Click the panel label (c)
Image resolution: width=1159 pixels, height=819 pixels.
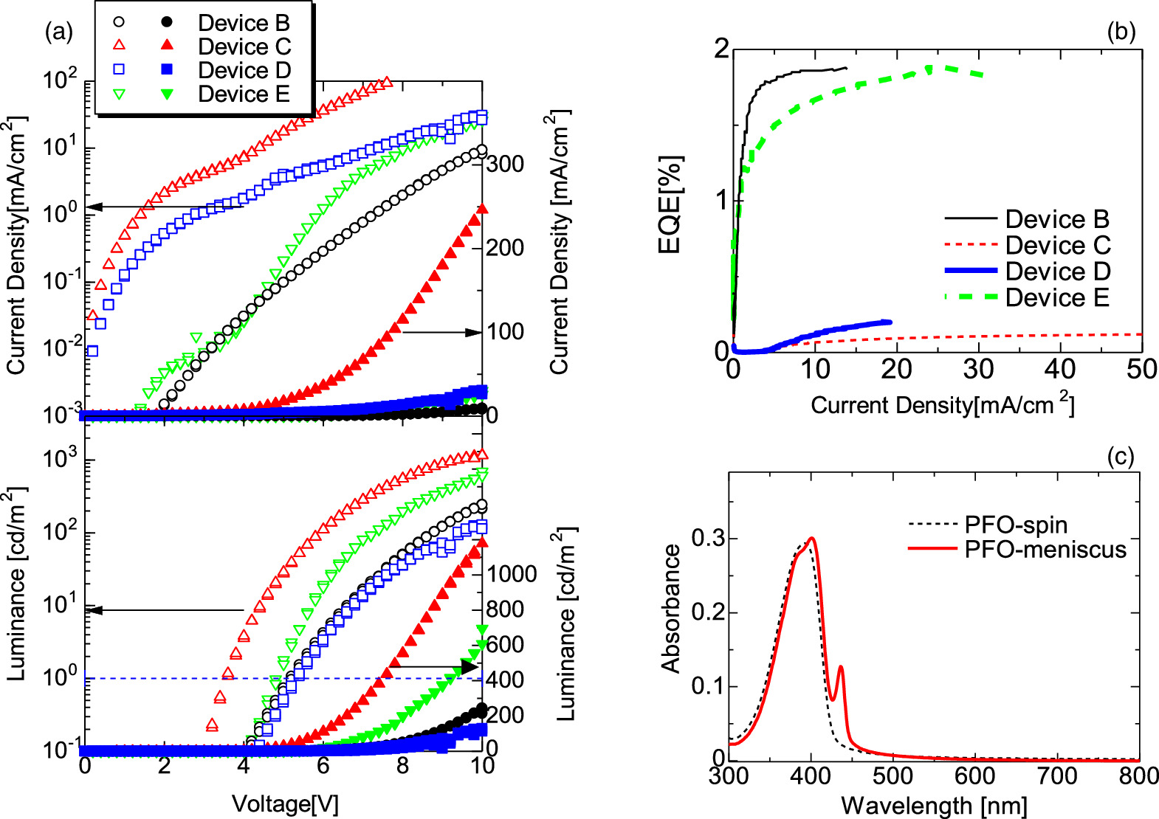coord(1121,457)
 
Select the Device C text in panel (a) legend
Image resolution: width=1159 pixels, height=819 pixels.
coord(244,47)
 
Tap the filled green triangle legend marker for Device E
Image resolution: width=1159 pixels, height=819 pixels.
coord(168,94)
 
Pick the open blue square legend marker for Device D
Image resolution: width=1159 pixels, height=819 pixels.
coord(119,70)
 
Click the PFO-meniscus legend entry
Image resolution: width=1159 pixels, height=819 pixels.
coord(1045,550)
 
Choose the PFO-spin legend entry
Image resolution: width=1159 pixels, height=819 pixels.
coord(1016,525)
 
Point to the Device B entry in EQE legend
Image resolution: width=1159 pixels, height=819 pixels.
coord(1056,219)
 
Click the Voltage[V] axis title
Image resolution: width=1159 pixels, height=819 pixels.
coord(285,804)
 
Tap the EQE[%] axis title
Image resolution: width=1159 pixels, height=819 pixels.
coord(670,205)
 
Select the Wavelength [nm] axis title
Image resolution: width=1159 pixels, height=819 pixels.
coord(934,805)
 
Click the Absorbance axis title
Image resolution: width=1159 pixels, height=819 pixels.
coord(670,609)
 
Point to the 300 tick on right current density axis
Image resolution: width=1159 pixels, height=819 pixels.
coord(505,164)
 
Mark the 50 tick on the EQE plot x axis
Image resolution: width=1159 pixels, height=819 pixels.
coord(1141,369)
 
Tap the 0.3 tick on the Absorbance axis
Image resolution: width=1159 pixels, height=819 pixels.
coord(708,539)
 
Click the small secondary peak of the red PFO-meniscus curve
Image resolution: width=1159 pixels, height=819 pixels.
coord(840,667)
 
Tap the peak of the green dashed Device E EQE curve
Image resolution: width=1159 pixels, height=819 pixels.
coord(929,69)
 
